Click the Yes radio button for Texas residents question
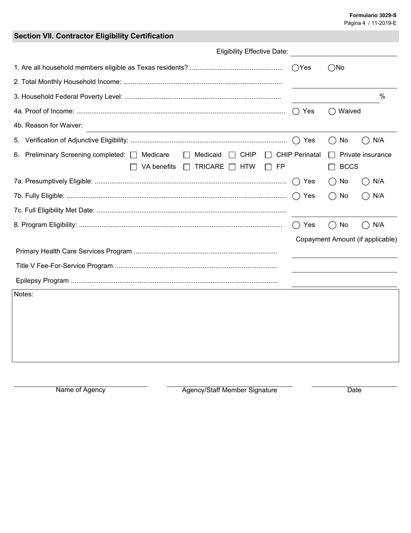pos(295,68)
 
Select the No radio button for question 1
pos(332,68)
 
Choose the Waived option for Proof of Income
pos(332,111)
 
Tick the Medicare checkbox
pos(134,155)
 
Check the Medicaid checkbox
pos(187,155)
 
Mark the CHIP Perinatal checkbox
pos(268,155)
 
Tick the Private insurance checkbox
pos(332,155)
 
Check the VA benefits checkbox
pos(134,167)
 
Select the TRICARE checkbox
pos(187,167)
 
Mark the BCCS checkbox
pos(332,167)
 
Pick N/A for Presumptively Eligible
pos(366,182)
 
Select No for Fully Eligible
pos(332,196)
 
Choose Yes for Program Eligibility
pos(296,225)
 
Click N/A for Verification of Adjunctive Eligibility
pos(366,140)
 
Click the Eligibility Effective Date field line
pos(344,52)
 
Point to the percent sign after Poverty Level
pos(382,96)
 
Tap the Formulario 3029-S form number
pos(373,15)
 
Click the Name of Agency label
pos(80,390)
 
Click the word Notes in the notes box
pos(24,294)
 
